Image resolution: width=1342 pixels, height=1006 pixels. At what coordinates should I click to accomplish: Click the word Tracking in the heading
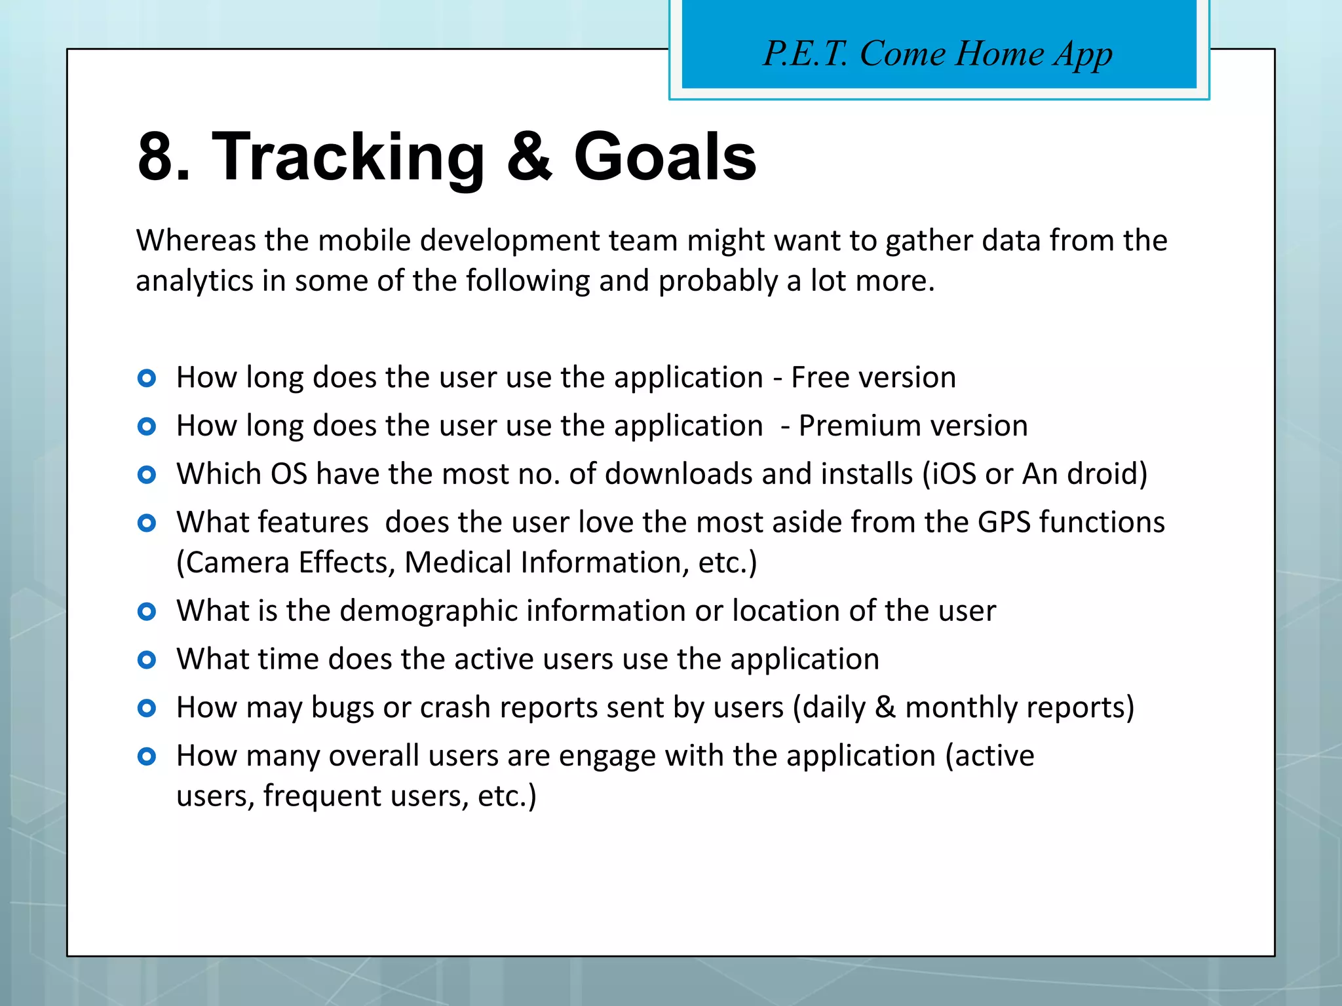tap(347, 157)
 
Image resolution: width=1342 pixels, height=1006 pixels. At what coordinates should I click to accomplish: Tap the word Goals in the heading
tap(664, 157)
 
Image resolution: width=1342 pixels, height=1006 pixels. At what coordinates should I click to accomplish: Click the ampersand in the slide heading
tap(529, 157)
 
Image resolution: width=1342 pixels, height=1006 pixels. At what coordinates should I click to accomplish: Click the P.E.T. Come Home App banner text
tap(938, 54)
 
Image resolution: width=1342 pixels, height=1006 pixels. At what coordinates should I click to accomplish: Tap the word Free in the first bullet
tap(819, 378)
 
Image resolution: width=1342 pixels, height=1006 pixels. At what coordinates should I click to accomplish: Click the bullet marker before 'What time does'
tap(147, 660)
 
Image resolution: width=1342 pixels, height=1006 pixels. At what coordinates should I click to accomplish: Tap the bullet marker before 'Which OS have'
tap(147, 475)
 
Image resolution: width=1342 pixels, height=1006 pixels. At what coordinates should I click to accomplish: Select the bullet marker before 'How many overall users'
tap(147, 757)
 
